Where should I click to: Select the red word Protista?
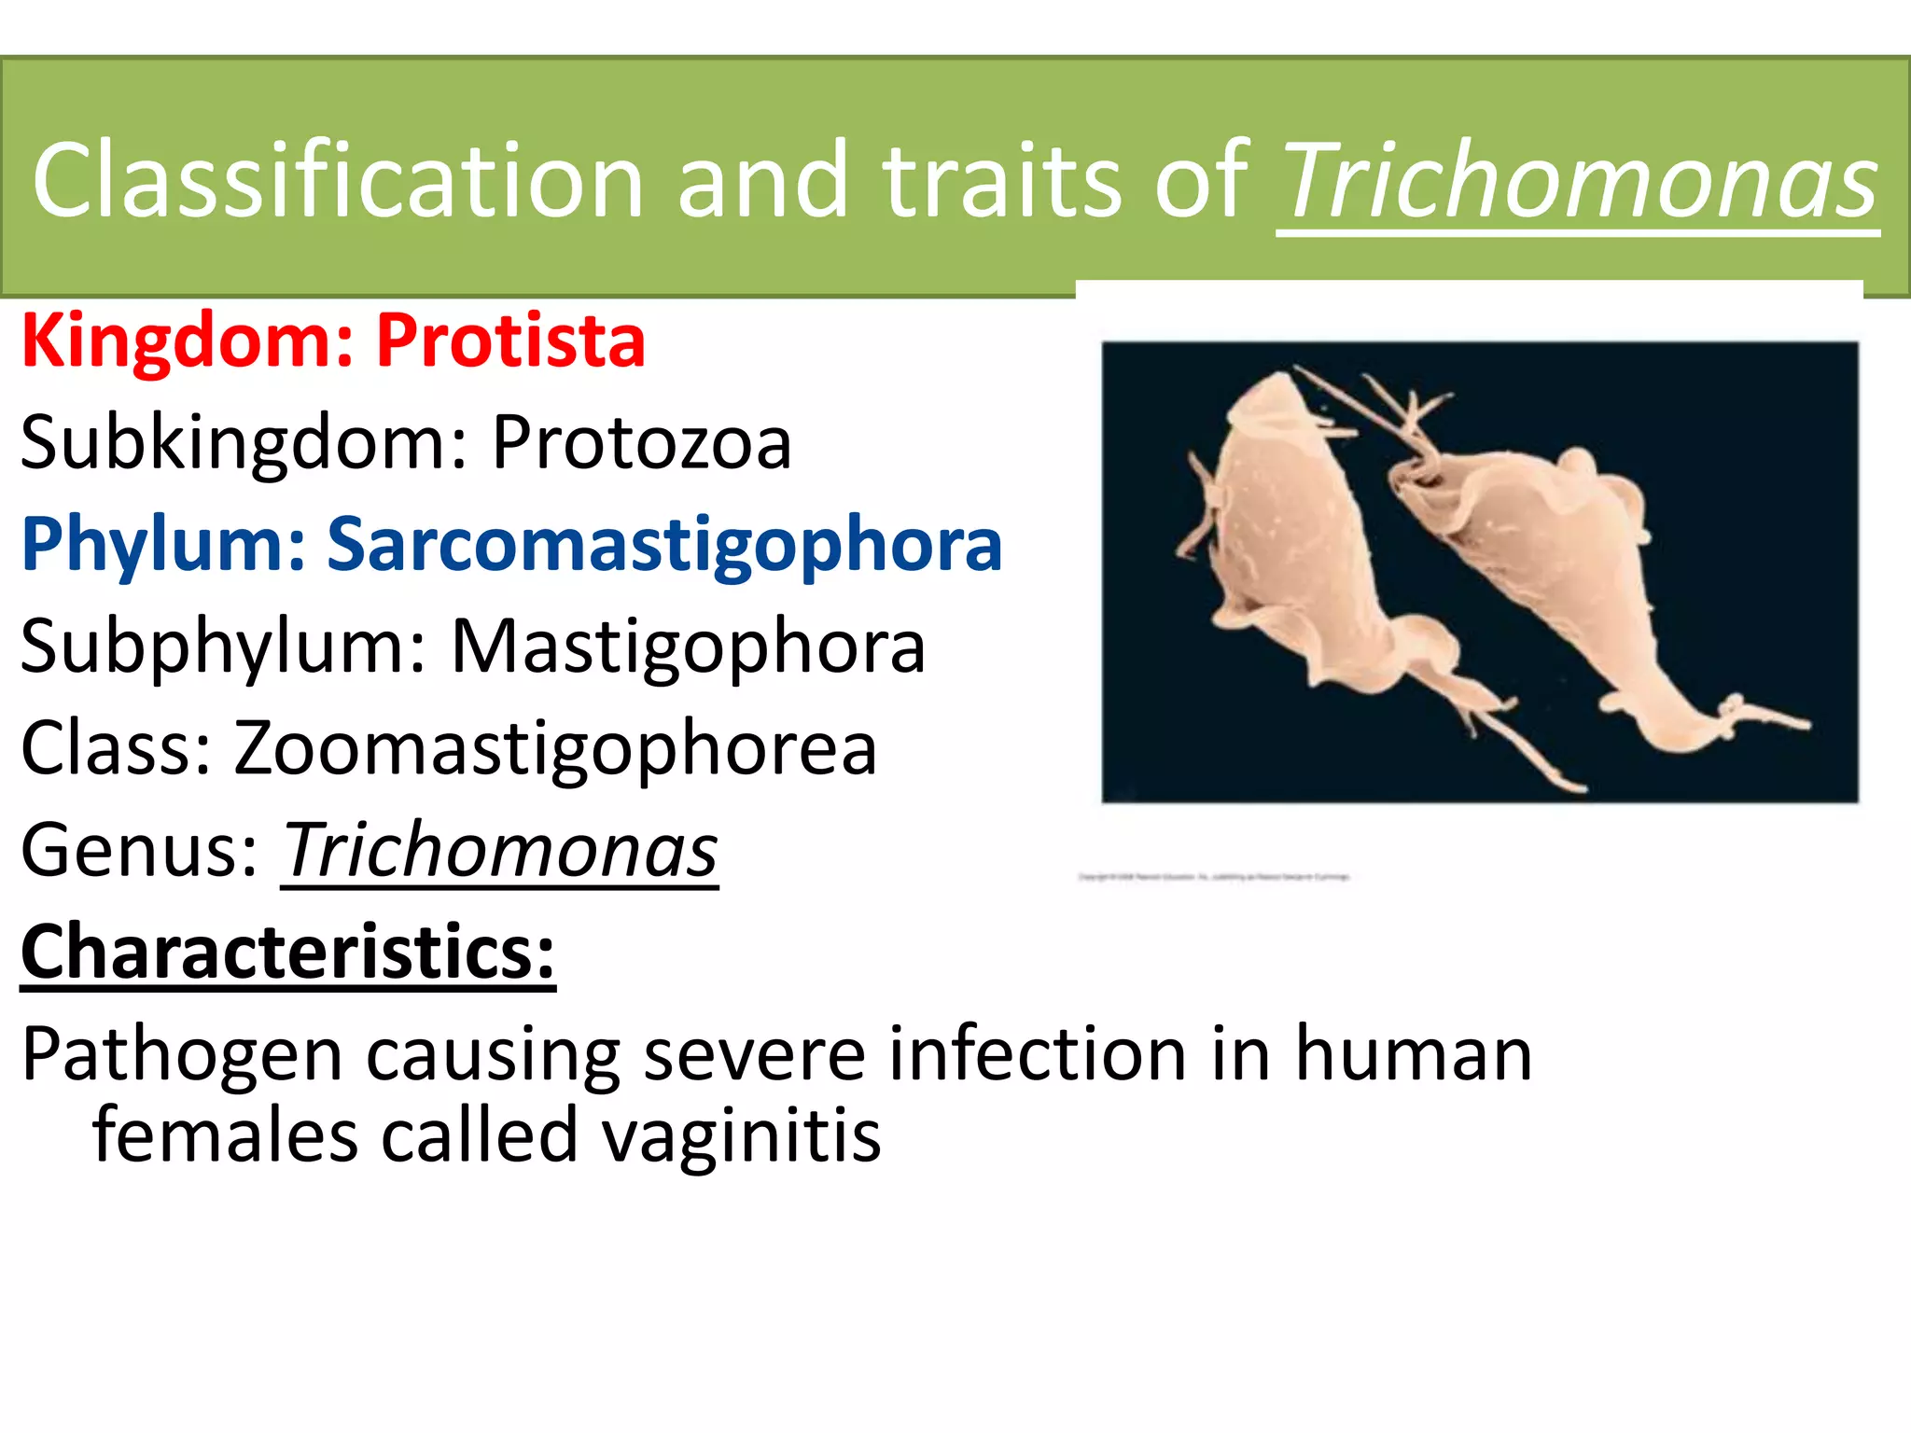pos(510,341)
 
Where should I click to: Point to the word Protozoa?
pos(642,443)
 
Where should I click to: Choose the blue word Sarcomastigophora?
pos(664,546)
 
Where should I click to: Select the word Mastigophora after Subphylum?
pos(688,647)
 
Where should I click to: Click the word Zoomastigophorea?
pos(555,749)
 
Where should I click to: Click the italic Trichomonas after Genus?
pos(500,851)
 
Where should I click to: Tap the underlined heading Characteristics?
pos(288,953)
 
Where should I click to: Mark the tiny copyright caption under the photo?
pos(1213,877)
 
